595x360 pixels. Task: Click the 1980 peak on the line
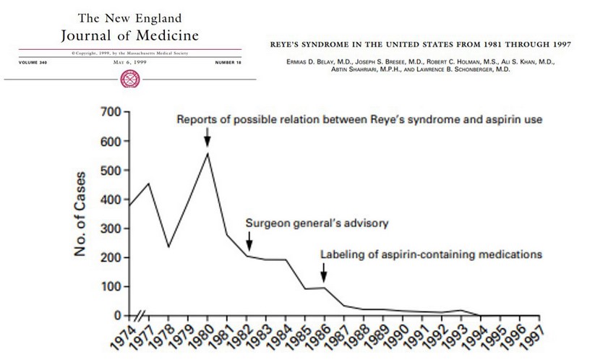point(207,153)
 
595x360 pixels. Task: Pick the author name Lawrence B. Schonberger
point(462,71)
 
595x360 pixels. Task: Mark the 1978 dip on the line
point(169,247)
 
